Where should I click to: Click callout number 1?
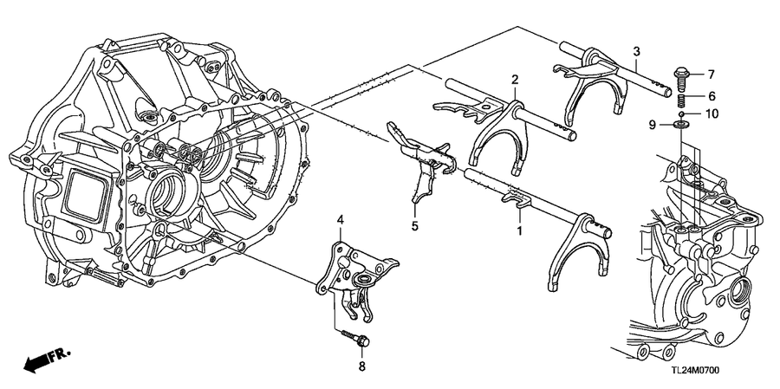point(519,231)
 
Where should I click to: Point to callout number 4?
point(341,220)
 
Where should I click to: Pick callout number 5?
point(414,226)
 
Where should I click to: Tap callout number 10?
point(712,113)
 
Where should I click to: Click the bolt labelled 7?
point(681,78)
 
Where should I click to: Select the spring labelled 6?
point(682,100)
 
